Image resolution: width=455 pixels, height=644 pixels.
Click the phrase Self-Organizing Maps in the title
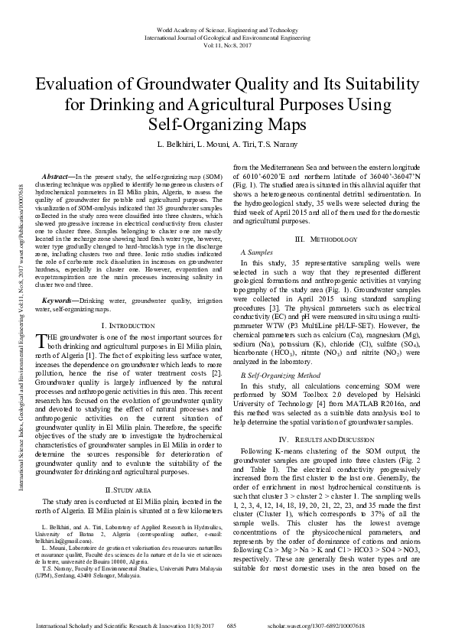(227, 122)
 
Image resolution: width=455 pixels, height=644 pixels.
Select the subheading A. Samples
(256, 252)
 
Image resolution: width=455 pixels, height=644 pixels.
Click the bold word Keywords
(60, 302)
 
